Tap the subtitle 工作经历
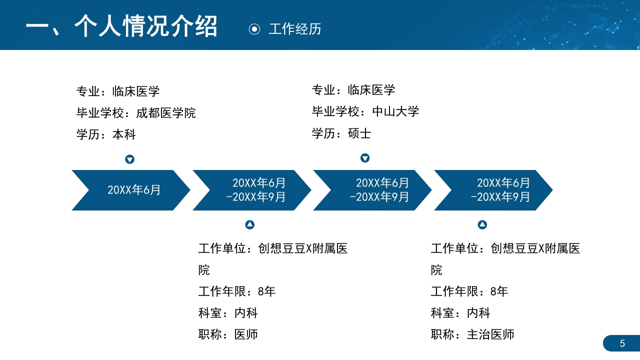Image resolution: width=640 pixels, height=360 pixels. coord(295,29)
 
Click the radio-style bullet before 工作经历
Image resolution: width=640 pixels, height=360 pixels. coord(254,29)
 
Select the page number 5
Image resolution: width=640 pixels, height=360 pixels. coord(622,343)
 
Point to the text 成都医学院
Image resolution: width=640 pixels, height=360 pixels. coord(166,113)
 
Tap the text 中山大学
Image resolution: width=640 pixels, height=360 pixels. coord(395,111)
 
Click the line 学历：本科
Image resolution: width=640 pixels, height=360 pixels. coord(106,134)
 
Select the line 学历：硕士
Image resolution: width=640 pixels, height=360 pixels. coord(341,133)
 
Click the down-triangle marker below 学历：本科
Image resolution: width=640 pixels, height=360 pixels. coord(129,159)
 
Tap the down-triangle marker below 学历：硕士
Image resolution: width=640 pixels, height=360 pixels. coord(365,158)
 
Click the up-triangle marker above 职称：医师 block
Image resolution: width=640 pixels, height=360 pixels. coord(250,225)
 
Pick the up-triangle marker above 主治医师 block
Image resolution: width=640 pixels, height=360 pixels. coord(482,225)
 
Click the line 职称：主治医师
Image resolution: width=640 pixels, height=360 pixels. coord(472,334)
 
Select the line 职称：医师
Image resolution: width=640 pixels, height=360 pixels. coord(228,334)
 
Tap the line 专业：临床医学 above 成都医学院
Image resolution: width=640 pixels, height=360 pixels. coord(118,91)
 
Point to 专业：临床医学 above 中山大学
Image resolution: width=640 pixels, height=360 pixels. coord(353,90)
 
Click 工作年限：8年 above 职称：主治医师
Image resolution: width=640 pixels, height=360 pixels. coord(469,291)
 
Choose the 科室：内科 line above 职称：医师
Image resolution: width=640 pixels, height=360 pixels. coord(228,313)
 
